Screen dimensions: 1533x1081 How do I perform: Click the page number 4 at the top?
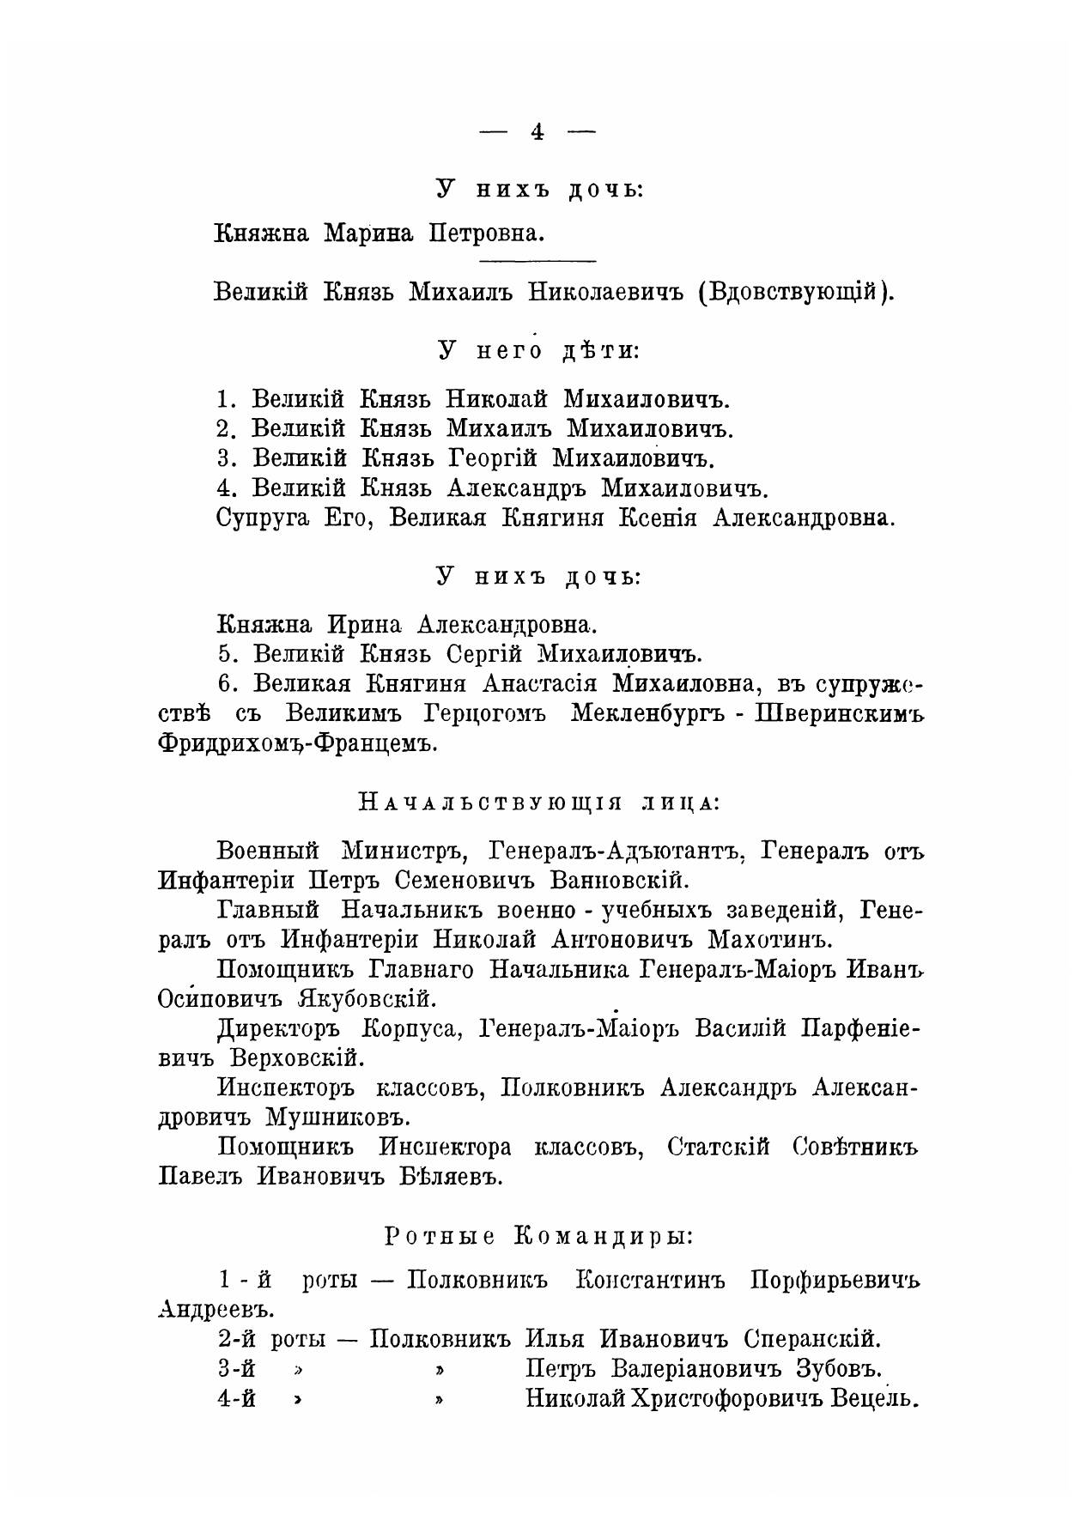[537, 131]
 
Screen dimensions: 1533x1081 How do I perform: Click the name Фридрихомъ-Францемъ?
[297, 745]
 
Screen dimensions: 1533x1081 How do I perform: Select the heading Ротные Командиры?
[538, 1237]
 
